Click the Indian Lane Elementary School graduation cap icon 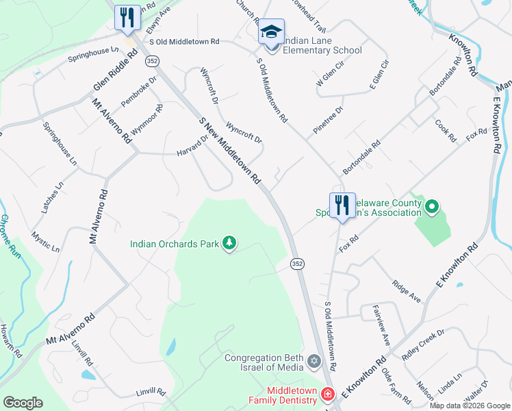[271, 32]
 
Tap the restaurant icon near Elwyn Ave [127, 18]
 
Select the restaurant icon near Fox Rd [342, 205]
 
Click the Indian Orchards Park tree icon [229, 243]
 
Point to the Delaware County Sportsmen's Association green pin [432, 206]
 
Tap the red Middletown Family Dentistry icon [327, 395]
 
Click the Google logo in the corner [23, 402]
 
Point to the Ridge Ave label [406, 289]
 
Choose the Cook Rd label [445, 131]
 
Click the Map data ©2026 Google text [470, 406]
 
